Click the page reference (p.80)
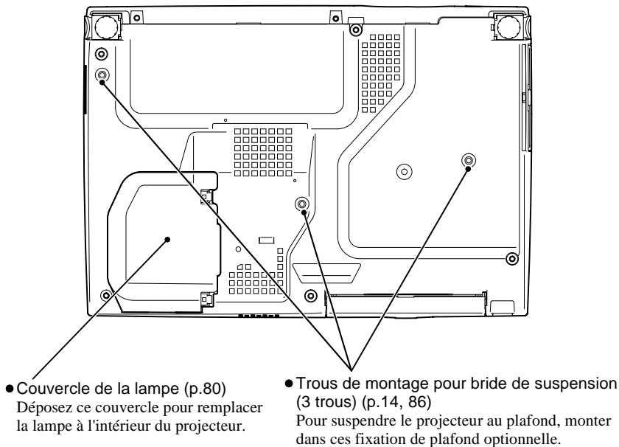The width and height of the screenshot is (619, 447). point(205,389)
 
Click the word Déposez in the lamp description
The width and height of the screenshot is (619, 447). point(42,407)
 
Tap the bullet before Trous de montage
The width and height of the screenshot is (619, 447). point(289,383)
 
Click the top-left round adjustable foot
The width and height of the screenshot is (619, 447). point(106,27)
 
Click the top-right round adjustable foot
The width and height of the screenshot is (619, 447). point(508,27)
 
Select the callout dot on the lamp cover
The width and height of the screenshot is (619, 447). point(167,240)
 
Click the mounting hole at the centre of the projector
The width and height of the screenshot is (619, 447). point(302,204)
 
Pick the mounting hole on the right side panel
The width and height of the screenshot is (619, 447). point(469,161)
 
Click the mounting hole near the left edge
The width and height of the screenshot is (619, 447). point(102,74)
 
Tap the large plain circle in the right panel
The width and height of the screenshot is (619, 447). point(405,171)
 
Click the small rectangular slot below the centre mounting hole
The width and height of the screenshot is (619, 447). point(266,240)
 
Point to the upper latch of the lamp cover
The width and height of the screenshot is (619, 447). point(207,195)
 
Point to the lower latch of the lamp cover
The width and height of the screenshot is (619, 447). point(207,299)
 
